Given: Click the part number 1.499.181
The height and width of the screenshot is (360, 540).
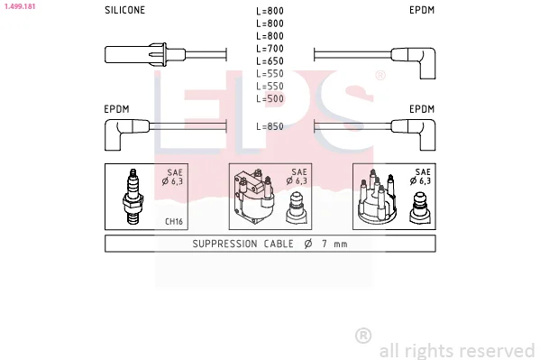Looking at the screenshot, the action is (x=20, y=6).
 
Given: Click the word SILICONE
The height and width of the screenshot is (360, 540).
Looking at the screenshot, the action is (x=124, y=10).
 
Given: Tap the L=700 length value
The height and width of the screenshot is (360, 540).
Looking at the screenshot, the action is (x=270, y=49).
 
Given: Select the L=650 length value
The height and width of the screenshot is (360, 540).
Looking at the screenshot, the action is (x=270, y=61).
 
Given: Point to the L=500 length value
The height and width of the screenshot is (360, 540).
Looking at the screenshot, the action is (x=270, y=98).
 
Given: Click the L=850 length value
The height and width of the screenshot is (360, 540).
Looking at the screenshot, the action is (x=270, y=126).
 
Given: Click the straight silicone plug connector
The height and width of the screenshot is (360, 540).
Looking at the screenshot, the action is (x=144, y=54).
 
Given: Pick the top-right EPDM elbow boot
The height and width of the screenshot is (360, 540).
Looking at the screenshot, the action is (x=414, y=63).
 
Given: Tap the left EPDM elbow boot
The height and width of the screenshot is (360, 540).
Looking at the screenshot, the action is (x=127, y=134).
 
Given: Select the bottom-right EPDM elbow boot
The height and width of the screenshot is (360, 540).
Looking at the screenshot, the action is (x=414, y=134).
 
